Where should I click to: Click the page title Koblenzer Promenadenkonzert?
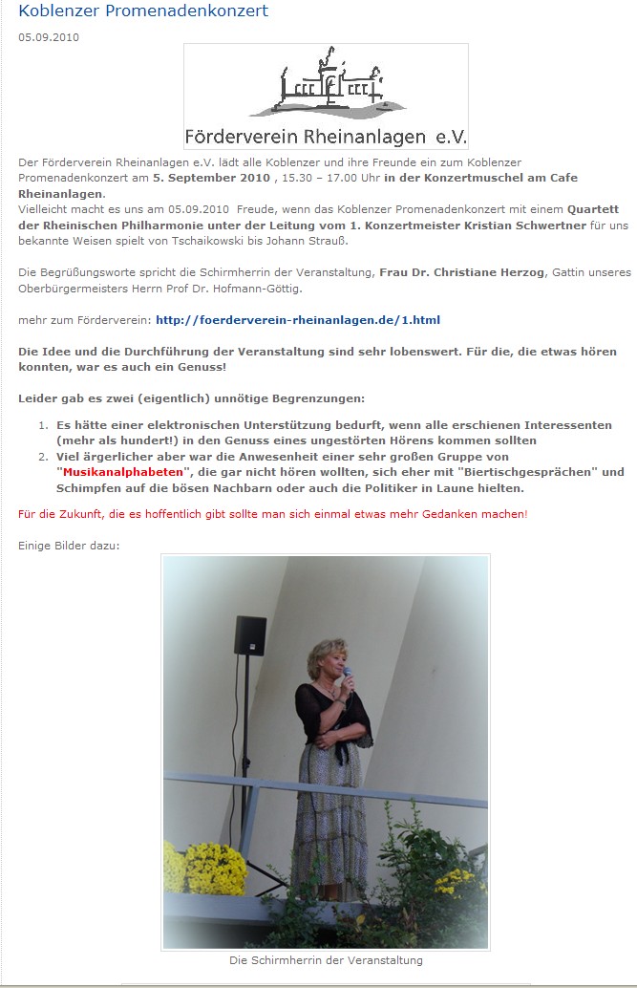click(143, 11)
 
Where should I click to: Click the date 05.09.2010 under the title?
click(49, 37)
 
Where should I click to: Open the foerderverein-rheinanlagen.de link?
click(297, 319)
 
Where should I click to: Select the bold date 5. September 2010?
click(211, 178)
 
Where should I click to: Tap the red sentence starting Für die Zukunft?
click(272, 514)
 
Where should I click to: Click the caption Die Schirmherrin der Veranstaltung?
click(326, 960)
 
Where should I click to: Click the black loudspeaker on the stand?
click(250, 635)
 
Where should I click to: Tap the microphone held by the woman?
click(347, 676)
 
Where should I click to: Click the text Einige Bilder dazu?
click(69, 546)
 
